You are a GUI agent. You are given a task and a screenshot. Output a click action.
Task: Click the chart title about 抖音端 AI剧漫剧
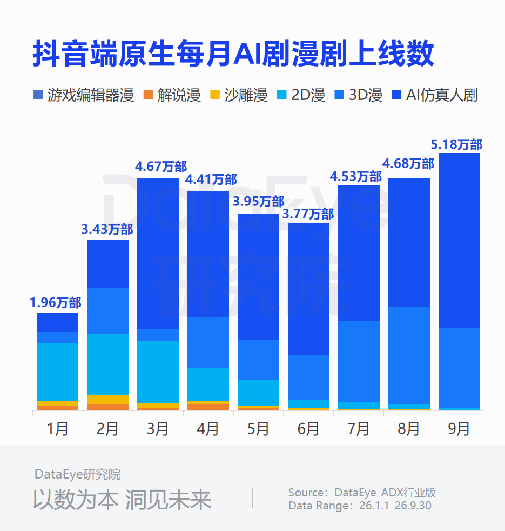click(x=233, y=54)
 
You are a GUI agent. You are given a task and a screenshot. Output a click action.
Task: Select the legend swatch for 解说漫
click(x=148, y=95)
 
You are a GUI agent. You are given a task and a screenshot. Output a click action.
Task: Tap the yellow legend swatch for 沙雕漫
click(x=215, y=95)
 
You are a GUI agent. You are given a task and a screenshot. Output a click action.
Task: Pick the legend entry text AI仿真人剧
click(x=442, y=95)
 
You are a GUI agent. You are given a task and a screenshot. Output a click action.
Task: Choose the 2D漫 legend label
click(x=308, y=95)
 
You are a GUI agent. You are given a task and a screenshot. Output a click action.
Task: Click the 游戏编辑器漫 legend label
click(x=91, y=95)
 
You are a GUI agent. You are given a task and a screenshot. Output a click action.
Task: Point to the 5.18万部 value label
click(x=456, y=144)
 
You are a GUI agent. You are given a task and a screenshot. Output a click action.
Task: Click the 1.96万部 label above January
click(x=56, y=303)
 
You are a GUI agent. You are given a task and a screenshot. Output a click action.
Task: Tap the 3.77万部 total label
click(x=308, y=214)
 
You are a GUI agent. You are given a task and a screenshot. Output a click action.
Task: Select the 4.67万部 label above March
click(x=161, y=167)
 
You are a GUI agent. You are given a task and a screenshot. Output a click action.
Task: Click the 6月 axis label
click(x=308, y=429)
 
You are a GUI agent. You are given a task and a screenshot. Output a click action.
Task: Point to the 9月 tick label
click(x=459, y=429)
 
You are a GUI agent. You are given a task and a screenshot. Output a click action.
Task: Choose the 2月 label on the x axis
click(x=107, y=429)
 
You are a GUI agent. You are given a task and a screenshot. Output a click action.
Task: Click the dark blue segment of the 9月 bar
click(x=459, y=241)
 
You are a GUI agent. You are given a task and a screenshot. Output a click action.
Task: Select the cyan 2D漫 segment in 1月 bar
click(x=57, y=372)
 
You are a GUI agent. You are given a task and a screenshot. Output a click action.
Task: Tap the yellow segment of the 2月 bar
click(x=107, y=399)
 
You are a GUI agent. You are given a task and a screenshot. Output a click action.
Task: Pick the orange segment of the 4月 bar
click(x=208, y=407)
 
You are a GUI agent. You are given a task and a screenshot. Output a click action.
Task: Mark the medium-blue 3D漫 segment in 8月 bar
click(x=409, y=355)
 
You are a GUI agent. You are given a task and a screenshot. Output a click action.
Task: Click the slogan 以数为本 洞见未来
click(x=122, y=500)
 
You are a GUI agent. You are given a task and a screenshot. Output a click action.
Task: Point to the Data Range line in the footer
click(x=360, y=506)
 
